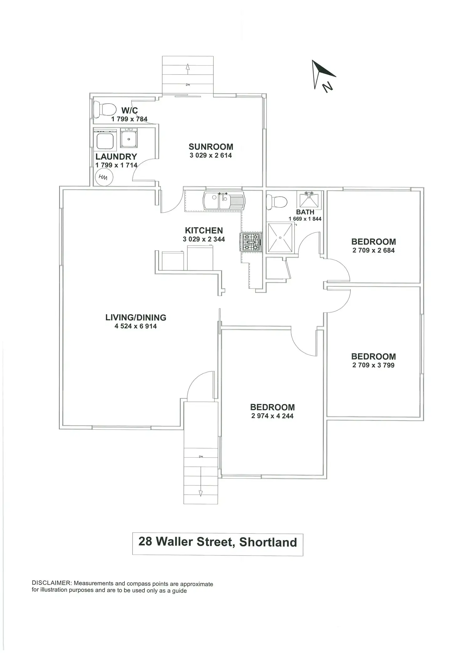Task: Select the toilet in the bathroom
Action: pyautogui.click(x=276, y=202)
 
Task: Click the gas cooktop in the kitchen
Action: pyautogui.click(x=251, y=242)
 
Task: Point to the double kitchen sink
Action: pyautogui.click(x=224, y=201)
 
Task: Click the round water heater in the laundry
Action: pyautogui.click(x=103, y=178)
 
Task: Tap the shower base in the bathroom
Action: pyautogui.click(x=280, y=238)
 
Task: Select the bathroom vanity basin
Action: pyautogui.click(x=309, y=200)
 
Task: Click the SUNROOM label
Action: pyautogui.click(x=211, y=147)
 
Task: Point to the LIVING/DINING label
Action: pyautogui.click(x=136, y=317)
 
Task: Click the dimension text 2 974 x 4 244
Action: pyautogui.click(x=272, y=416)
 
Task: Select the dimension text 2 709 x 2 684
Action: pyautogui.click(x=373, y=250)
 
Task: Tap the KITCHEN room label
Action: pyautogui.click(x=204, y=231)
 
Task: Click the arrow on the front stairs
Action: pyautogui.click(x=201, y=493)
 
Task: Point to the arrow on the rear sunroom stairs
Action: pyautogui.click(x=188, y=67)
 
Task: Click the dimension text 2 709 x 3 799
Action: pyautogui.click(x=373, y=365)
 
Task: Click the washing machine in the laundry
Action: pyautogui.click(x=105, y=140)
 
